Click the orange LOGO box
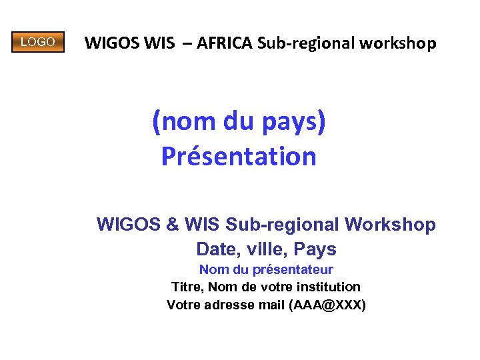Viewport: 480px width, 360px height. [x=38, y=42]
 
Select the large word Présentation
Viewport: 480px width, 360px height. [x=239, y=157]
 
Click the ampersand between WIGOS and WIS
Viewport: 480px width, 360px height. [x=172, y=225]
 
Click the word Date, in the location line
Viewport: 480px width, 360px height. [x=217, y=249]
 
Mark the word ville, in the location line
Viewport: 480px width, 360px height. [x=263, y=249]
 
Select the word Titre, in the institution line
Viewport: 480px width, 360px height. [x=188, y=287]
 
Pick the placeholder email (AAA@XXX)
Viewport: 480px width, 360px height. [x=328, y=305]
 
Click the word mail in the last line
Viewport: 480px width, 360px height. [x=271, y=305]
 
